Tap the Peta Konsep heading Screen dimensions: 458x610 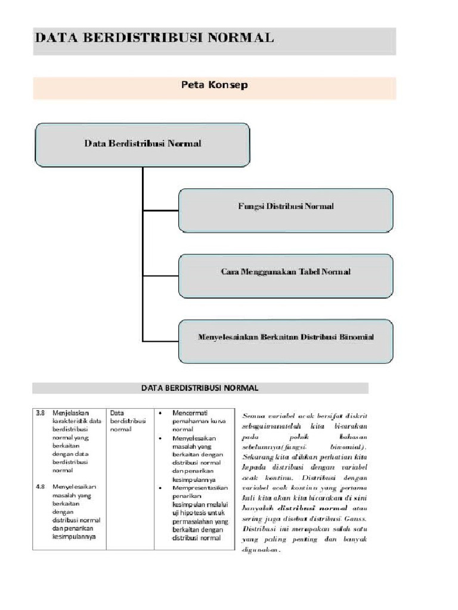(x=214, y=85)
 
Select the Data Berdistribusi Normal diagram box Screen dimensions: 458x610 (x=143, y=144)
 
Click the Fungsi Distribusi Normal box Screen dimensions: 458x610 (x=286, y=207)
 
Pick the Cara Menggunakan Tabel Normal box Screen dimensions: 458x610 (x=286, y=272)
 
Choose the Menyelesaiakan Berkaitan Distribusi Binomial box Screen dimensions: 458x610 (x=286, y=337)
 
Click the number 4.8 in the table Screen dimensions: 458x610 (x=41, y=487)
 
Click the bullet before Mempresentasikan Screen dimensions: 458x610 (x=162, y=487)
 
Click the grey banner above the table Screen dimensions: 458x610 (x=200, y=388)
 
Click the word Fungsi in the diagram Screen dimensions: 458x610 (x=250, y=207)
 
